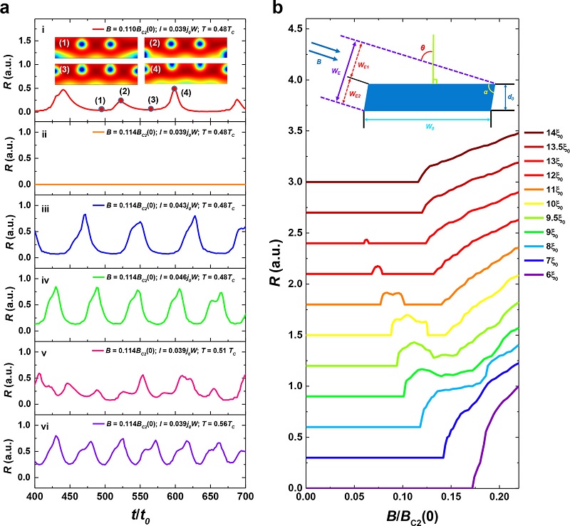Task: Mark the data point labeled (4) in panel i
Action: tap(175, 89)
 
